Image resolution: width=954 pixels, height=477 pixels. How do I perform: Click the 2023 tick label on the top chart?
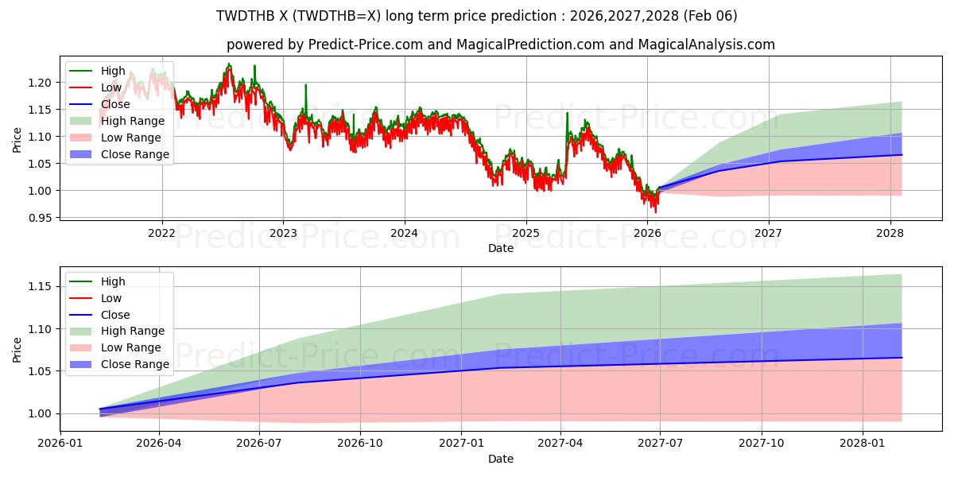point(283,233)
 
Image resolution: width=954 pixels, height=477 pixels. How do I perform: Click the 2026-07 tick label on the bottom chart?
point(260,443)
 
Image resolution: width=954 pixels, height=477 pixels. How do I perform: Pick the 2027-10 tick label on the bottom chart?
point(762,443)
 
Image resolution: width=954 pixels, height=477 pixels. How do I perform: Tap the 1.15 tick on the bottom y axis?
point(41,286)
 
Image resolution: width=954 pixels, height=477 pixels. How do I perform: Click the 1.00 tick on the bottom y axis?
point(41,413)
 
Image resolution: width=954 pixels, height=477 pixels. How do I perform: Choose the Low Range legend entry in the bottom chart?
point(131,347)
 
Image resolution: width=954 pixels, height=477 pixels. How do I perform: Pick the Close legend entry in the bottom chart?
point(115,315)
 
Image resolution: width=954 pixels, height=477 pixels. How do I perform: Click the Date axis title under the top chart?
point(501,248)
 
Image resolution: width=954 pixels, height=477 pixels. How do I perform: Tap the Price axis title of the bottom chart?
point(17,349)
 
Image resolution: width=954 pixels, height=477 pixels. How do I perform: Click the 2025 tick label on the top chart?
point(525,233)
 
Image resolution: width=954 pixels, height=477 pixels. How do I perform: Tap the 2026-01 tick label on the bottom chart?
point(60,443)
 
